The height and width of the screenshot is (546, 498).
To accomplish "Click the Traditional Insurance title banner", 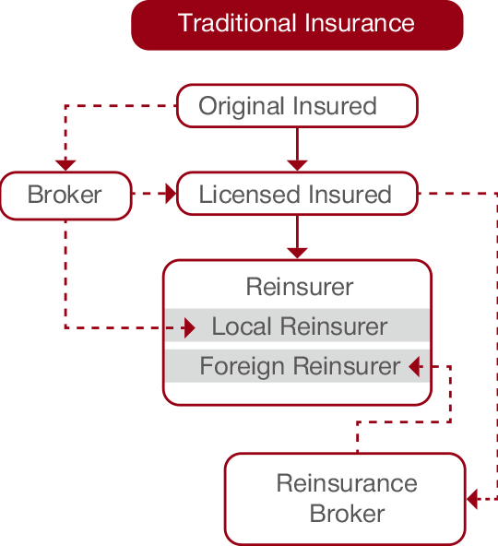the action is (297, 25).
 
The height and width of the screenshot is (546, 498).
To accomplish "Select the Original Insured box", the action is (297, 106).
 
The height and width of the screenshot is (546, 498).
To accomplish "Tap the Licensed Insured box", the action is (297, 194).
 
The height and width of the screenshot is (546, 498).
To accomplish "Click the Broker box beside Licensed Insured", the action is (65, 196).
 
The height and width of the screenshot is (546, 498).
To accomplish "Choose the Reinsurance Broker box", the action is (345, 499).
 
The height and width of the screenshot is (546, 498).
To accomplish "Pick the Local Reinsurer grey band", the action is (297, 326).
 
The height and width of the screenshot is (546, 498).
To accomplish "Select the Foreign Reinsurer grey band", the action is (297, 366).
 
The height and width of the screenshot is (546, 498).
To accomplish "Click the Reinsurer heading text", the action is (300, 287).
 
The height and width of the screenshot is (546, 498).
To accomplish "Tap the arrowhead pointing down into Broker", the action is (65, 165).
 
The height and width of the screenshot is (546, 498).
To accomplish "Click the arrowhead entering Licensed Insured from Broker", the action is (171, 194).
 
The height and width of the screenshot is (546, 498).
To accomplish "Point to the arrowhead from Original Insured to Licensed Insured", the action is (297, 165).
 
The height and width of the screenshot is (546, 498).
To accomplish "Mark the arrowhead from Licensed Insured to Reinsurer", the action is (297, 253).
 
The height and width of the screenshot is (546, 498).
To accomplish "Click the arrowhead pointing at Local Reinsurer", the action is (190, 327).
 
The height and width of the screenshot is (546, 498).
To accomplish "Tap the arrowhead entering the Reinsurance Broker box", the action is (472, 499).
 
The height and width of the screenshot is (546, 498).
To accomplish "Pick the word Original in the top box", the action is (241, 107).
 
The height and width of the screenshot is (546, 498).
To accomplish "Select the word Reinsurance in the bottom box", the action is (347, 483).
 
